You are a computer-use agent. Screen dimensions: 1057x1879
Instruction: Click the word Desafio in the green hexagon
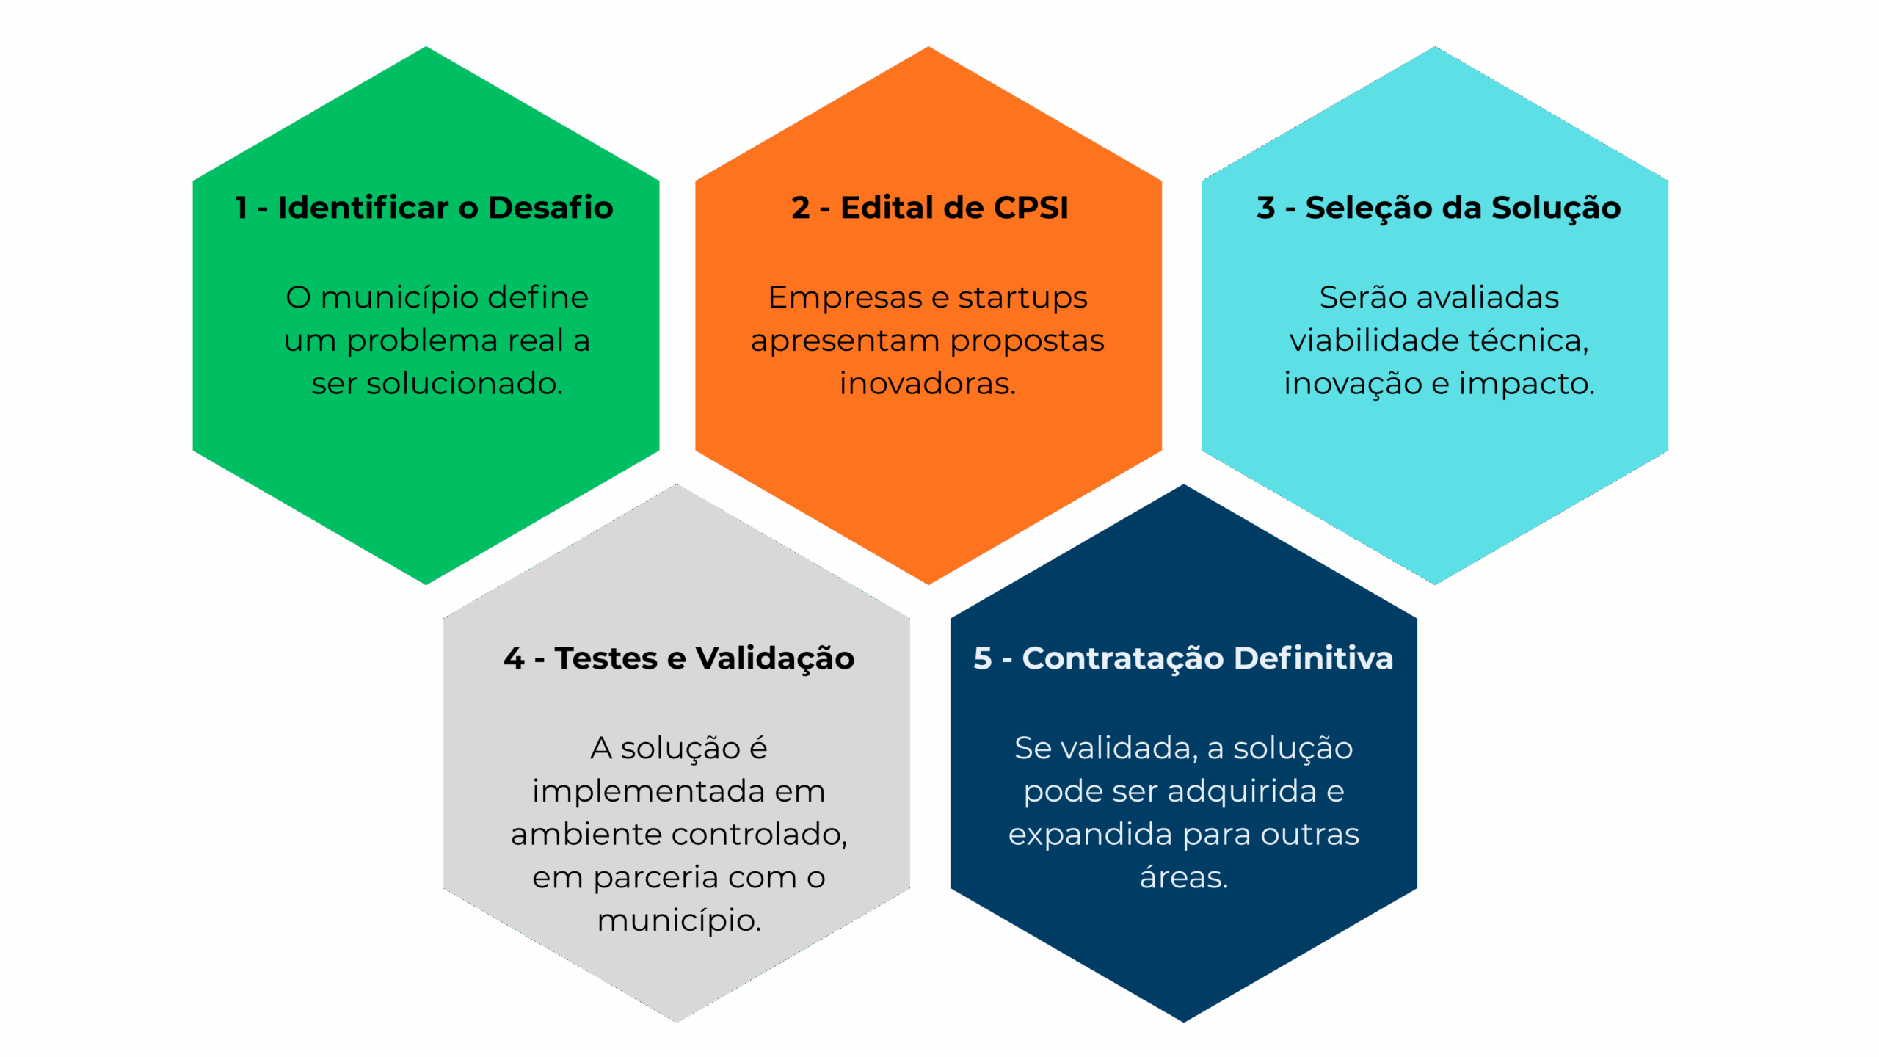[550, 208]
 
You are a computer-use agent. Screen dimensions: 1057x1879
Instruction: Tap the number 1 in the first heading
[241, 208]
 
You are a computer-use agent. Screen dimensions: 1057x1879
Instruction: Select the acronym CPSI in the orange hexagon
[1031, 208]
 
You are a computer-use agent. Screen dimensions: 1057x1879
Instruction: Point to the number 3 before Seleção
[1265, 208]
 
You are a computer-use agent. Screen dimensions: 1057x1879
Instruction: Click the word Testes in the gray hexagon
[606, 658]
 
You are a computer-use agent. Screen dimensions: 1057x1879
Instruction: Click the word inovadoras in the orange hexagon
[927, 384]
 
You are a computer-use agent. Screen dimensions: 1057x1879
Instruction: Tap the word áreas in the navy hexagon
[1183, 877]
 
